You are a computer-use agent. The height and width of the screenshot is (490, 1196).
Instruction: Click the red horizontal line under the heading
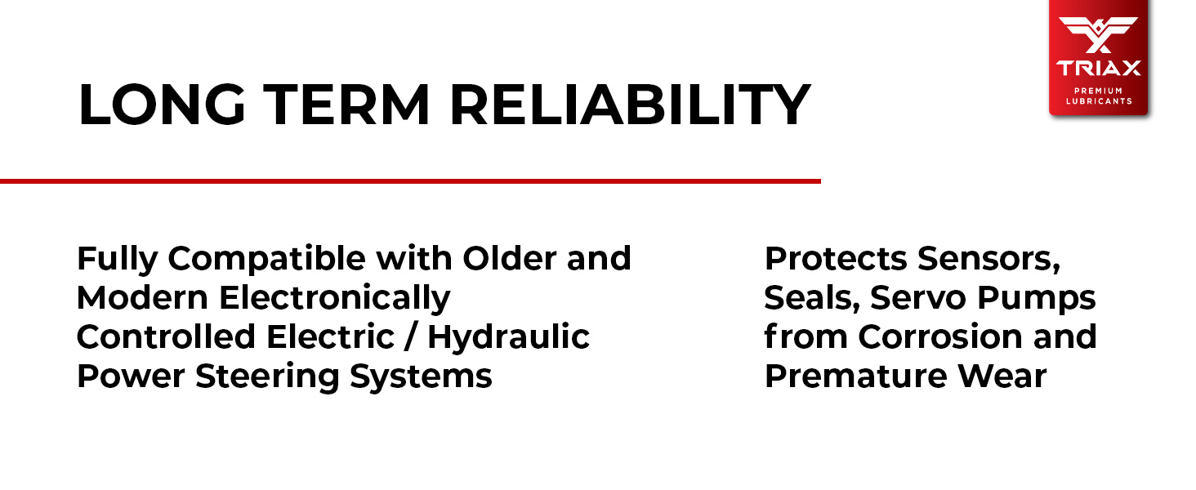click(410, 181)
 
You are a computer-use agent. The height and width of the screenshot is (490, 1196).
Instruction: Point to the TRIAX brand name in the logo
click(1098, 69)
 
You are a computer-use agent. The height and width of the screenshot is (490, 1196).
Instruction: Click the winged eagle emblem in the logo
click(1098, 34)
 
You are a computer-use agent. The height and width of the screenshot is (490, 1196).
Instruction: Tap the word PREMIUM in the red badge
click(1098, 91)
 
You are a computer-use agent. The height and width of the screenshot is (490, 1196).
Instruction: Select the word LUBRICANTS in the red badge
click(1099, 101)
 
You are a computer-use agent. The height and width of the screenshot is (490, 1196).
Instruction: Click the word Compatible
click(267, 260)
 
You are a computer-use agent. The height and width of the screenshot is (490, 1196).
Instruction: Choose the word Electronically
click(335, 298)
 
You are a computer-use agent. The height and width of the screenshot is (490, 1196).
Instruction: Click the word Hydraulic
click(508, 337)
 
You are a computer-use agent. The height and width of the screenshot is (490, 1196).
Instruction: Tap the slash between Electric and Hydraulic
click(410, 336)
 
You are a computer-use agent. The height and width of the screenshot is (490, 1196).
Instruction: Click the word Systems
click(421, 376)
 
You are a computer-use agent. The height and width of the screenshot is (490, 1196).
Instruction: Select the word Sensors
click(988, 260)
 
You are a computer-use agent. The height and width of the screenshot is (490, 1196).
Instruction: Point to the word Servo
click(917, 298)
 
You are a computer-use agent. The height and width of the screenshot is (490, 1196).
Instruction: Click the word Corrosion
click(939, 336)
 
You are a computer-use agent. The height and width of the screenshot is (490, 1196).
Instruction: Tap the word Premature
click(855, 376)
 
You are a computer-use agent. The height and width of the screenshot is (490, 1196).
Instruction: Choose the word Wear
click(1002, 376)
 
